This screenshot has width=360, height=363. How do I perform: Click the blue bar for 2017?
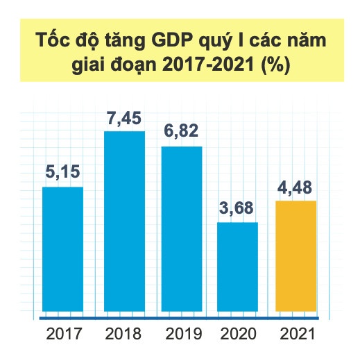point(62,251)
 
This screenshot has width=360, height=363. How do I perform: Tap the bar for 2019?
point(182,230)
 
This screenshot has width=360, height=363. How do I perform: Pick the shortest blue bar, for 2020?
point(238,268)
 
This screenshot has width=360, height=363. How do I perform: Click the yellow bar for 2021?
point(295,257)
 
